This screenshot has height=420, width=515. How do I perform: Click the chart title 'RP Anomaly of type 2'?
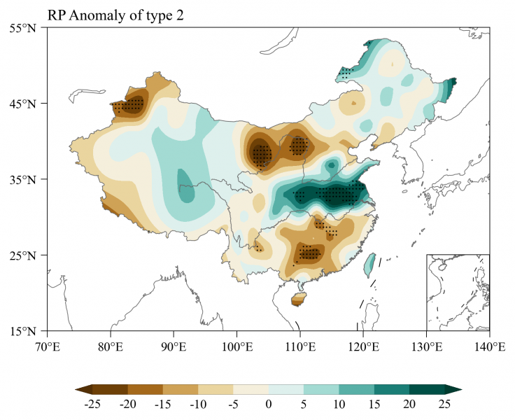tap(115, 14)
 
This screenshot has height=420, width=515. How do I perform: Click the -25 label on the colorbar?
tap(92, 404)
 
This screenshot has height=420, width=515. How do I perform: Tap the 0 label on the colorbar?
tap(269, 404)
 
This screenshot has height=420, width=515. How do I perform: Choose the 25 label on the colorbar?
tap(444, 404)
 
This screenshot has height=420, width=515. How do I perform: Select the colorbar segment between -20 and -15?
tap(146, 389)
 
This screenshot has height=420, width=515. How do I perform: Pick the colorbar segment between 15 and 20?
tap(392, 389)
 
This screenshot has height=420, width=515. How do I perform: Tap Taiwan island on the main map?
tap(369, 264)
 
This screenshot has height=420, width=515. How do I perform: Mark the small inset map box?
tap(458, 292)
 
